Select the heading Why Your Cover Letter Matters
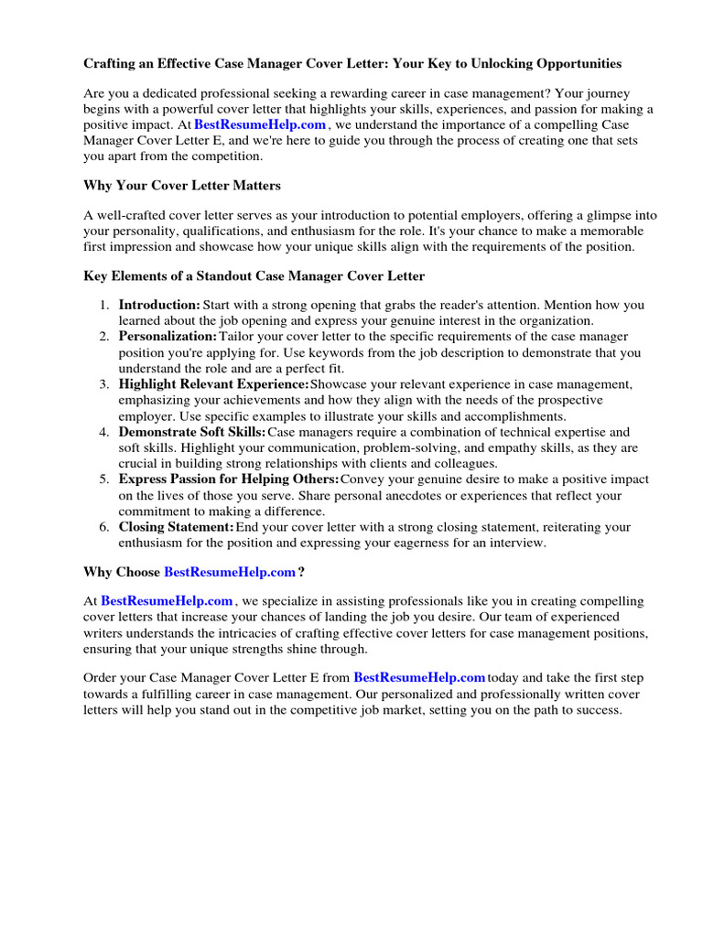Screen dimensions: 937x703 [182, 186]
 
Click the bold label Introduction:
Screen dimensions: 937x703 [159, 305]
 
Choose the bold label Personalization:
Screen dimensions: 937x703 [168, 337]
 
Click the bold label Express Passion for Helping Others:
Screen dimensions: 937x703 [229, 479]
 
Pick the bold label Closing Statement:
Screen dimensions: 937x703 [177, 527]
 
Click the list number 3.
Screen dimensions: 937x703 [105, 384]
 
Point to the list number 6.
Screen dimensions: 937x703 [105, 527]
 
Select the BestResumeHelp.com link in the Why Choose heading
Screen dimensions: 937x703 [230, 572]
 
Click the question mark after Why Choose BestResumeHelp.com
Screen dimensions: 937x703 [301, 572]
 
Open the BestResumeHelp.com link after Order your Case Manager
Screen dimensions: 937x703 [419, 678]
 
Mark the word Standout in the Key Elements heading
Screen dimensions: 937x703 [234, 275]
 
